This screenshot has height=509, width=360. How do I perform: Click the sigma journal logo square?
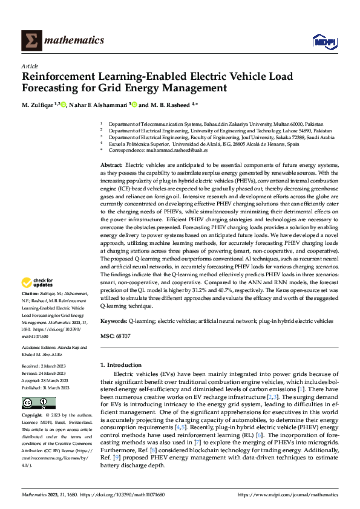click(31, 41)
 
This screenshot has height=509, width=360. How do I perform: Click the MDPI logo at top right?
click(324, 41)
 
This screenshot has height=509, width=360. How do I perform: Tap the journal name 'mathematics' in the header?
click(76, 41)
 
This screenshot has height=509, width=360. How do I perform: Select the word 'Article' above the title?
click(30, 65)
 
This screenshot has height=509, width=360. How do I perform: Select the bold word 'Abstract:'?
click(111, 165)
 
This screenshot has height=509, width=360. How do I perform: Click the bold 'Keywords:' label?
click(113, 321)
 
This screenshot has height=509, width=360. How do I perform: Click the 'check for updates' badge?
click(38, 282)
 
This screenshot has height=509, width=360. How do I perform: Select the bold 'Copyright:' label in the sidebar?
click(33, 416)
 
